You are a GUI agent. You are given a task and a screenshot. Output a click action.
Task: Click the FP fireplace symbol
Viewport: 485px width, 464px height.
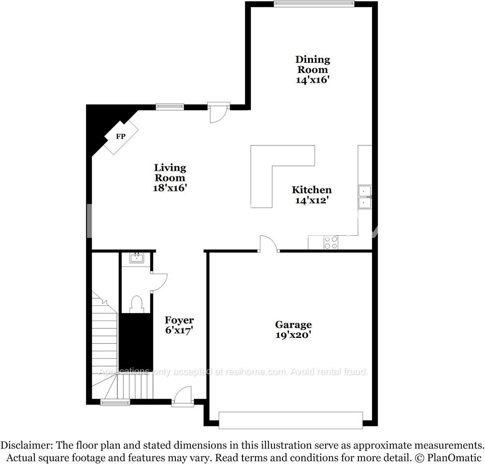121,137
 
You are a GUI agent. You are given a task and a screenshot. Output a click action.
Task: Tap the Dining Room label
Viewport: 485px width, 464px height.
313,64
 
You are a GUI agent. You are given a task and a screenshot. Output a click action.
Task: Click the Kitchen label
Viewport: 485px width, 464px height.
312,190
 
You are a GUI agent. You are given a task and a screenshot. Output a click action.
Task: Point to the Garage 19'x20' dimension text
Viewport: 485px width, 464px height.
293,334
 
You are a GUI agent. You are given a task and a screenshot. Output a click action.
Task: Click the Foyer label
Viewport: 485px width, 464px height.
179,320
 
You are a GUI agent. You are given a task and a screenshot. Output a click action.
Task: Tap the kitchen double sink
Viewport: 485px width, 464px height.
365,197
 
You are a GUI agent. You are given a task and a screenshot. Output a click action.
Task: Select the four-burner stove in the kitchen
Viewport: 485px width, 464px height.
330,242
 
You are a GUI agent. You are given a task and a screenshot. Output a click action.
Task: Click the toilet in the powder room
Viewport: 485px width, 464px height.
136,304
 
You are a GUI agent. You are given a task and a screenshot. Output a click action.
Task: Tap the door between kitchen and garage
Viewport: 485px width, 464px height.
269,245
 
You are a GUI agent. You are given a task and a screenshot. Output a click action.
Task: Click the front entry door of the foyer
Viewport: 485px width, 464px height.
183,396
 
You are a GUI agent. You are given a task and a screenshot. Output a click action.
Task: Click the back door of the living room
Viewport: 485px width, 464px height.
218,112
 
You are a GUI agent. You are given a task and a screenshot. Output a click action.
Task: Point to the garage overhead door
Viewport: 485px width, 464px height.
290,420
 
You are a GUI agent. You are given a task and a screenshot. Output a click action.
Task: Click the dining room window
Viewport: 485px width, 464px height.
314,4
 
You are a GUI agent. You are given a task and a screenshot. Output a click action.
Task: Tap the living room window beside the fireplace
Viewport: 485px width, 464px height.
170,107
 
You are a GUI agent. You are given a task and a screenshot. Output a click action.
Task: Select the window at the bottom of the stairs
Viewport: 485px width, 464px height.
115,402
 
